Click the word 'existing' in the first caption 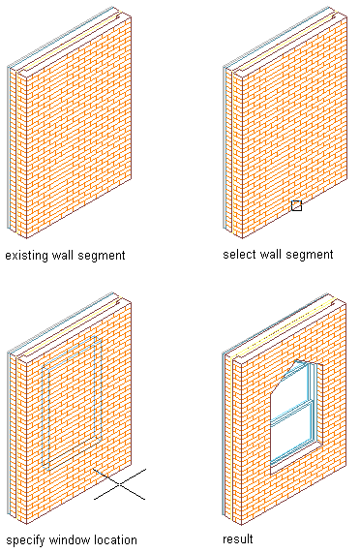tap(27, 256)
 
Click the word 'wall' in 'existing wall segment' tap(63, 255)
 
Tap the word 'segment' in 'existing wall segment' tap(102, 256)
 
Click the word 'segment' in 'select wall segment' tap(310, 255)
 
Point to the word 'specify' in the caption tap(26, 540)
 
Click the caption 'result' tap(238, 538)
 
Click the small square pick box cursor tap(296, 205)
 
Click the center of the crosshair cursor tap(120, 484)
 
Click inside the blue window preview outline tap(73, 403)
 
